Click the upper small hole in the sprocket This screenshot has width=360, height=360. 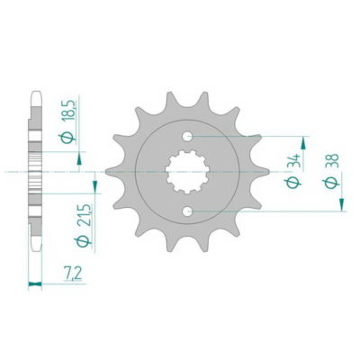point(188,136)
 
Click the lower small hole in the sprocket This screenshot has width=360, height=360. point(188,211)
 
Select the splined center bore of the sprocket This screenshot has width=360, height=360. point(188,174)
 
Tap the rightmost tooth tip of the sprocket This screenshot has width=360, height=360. point(268,174)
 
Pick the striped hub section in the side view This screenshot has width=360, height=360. point(35,173)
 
